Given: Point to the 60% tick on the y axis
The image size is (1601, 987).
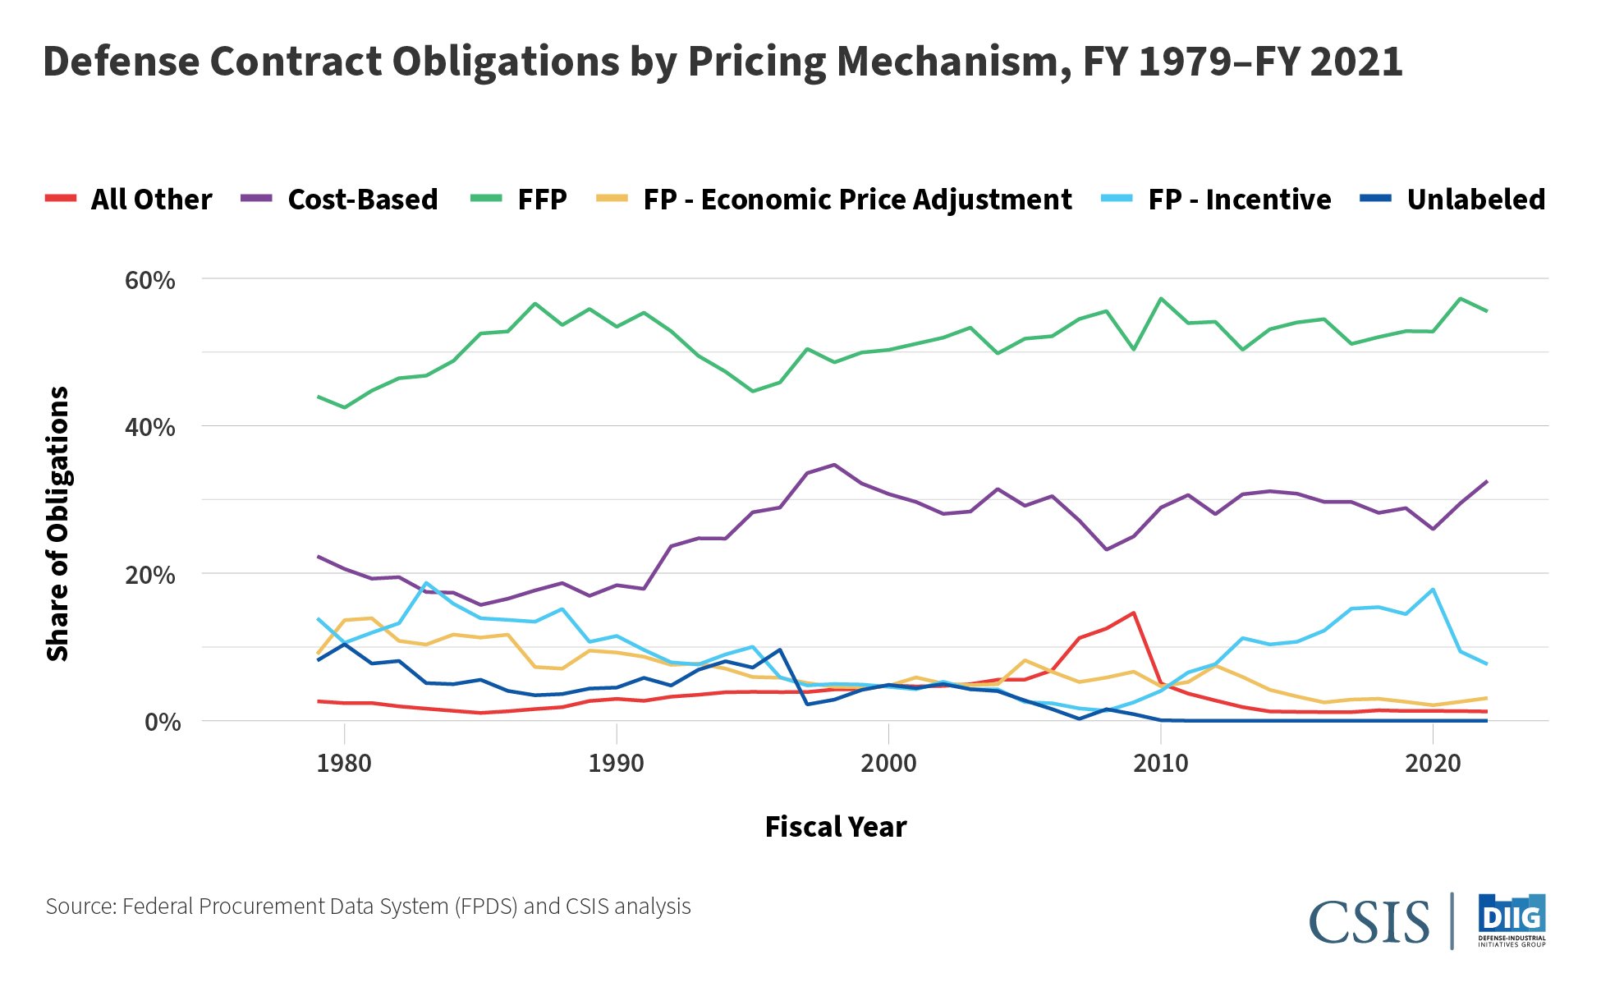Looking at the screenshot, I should coord(150,280).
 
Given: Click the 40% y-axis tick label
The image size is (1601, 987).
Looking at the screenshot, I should coord(150,427).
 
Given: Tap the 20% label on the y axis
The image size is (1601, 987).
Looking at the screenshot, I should coord(150,575).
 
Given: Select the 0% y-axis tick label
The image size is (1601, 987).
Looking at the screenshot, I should coord(163,722).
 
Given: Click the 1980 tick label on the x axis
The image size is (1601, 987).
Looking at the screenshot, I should coord(344,764).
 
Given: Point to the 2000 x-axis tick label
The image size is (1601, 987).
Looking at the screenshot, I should coord(888,764).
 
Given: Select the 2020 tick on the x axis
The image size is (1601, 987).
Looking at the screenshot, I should coord(1433,764).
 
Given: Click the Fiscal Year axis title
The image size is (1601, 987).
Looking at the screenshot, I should coord(835,827).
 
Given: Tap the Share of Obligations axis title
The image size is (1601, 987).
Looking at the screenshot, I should coord(57,524).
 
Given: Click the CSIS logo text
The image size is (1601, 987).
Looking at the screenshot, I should coord(1369,922).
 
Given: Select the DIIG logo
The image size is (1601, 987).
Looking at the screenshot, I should coord(1512,920).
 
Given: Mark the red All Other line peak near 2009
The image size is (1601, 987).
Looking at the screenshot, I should coord(1133,613).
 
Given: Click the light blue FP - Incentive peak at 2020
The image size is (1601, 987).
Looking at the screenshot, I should coord(1433,590).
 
